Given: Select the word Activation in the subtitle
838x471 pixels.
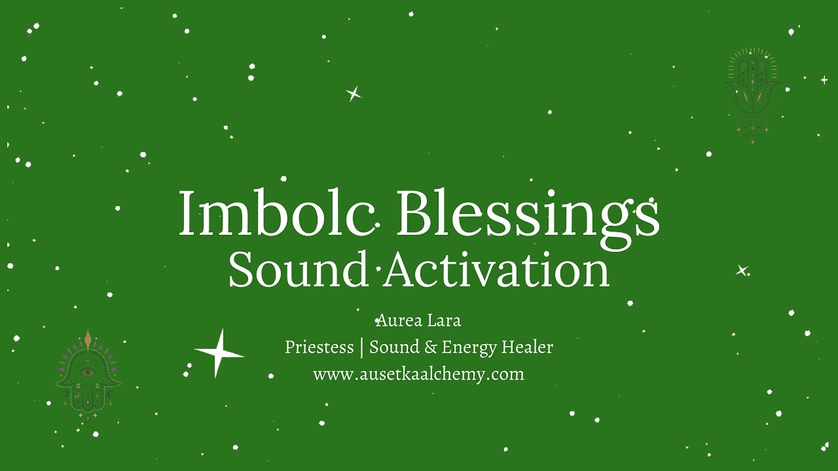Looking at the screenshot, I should coord(497,270).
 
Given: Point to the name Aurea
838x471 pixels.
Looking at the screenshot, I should coord(399,321).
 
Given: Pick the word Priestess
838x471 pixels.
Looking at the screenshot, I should coord(319,347).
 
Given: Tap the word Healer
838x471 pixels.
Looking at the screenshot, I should coord(528,347).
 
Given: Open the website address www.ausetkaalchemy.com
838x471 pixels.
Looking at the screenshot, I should coord(418,374).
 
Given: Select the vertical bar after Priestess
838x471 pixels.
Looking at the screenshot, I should coord(361,348).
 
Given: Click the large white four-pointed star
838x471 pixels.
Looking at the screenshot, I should coord(219,353).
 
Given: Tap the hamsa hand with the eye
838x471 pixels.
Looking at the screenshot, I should coord(88,376).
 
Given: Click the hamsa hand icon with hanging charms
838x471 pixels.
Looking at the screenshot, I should coord(752,95).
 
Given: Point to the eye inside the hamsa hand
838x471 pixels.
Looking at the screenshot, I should coord(87,373).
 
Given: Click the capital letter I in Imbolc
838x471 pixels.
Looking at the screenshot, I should coord(187,213).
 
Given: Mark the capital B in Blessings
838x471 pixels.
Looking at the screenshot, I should coord(414,213).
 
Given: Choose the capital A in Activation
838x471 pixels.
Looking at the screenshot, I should coord(401,270).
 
